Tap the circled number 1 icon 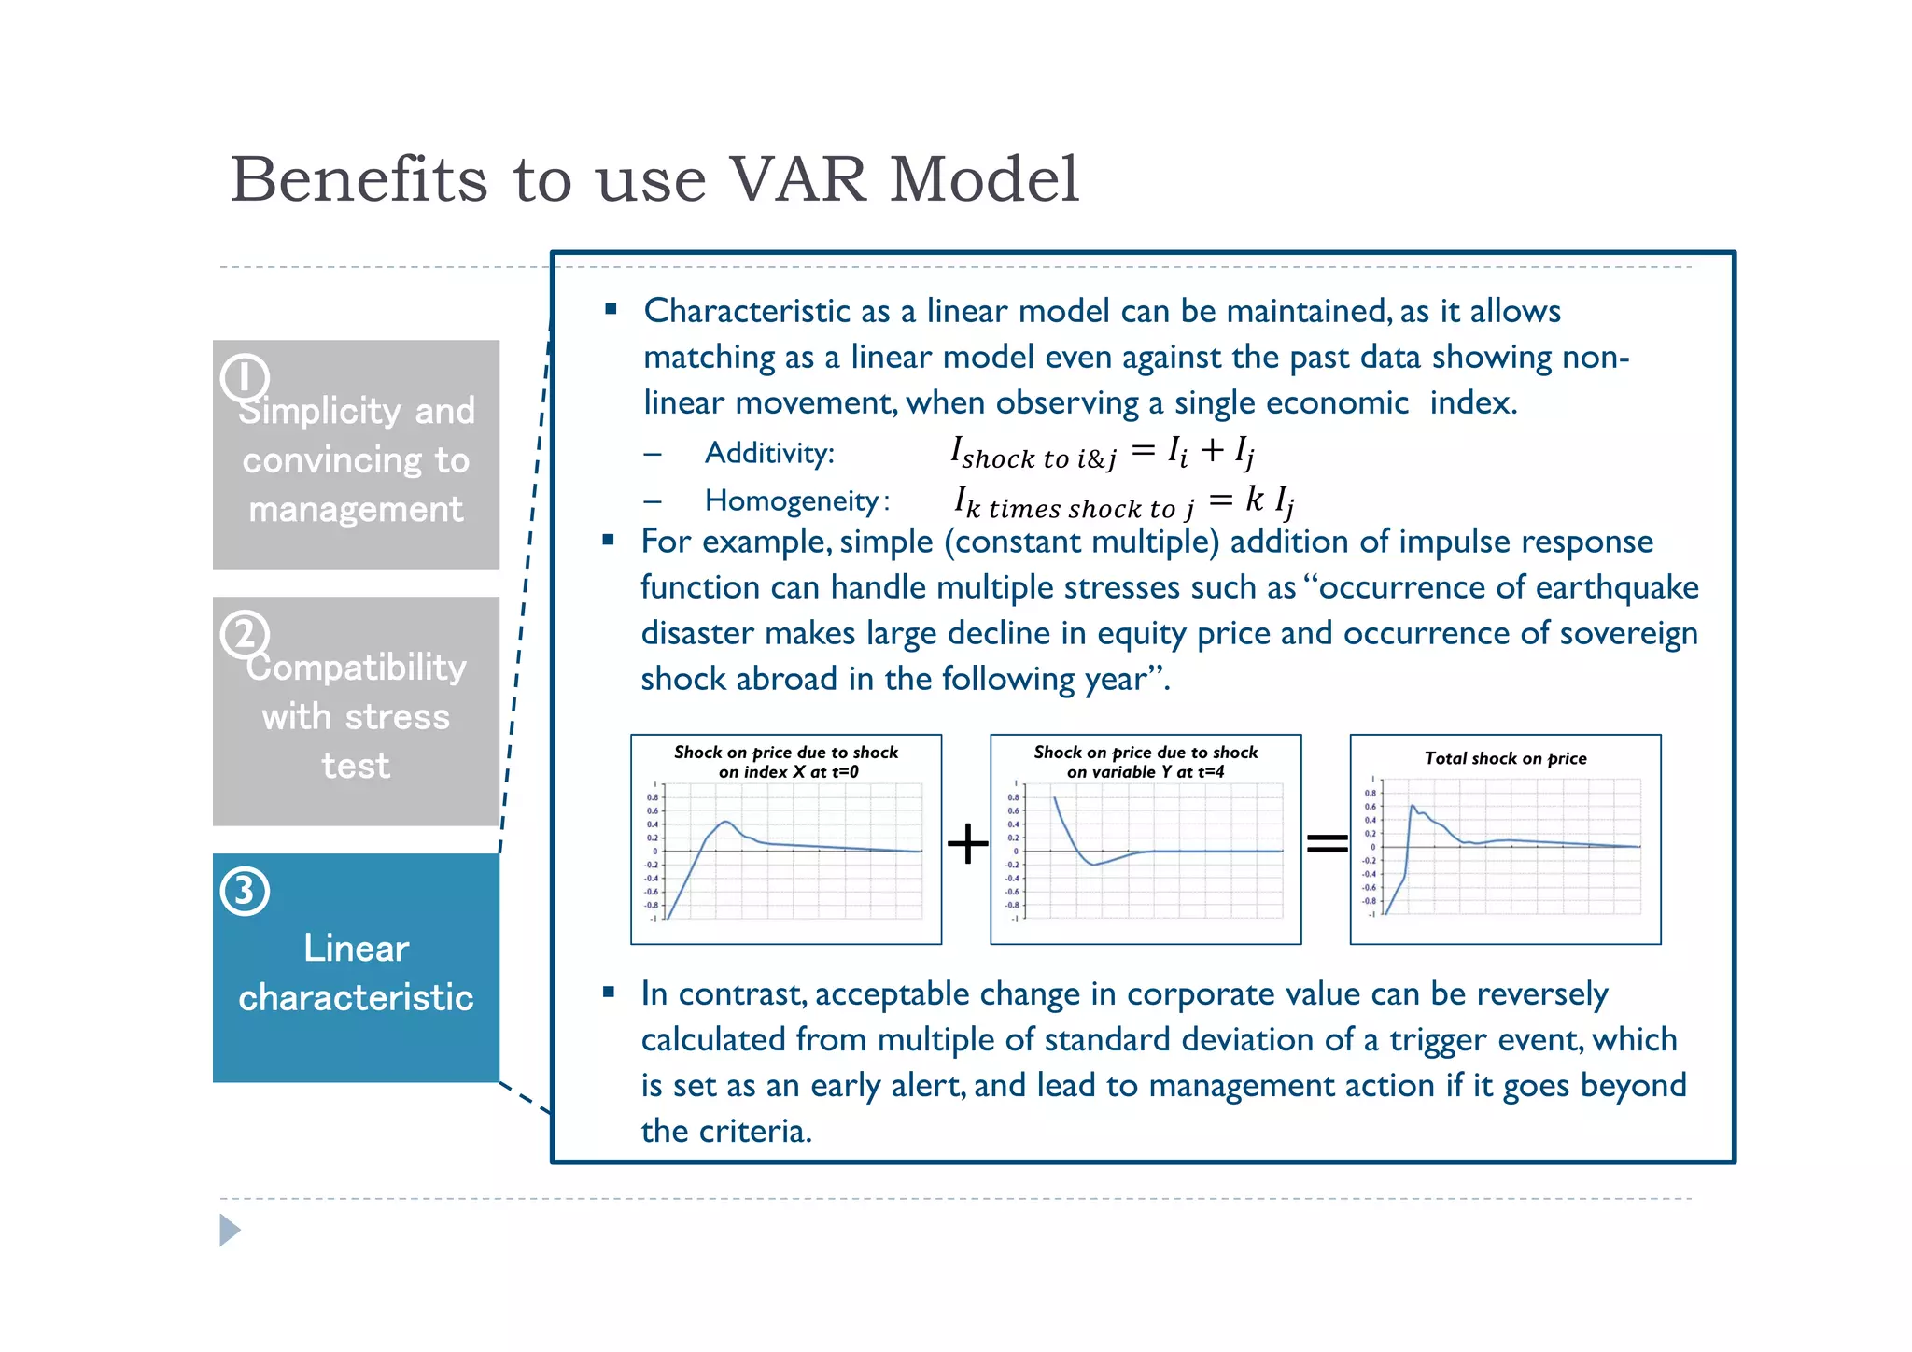tap(245, 378)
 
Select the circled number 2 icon tap(245, 635)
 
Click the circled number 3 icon tap(245, 891)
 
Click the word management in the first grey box tap(356, 510)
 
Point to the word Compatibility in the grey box tap(356, 668)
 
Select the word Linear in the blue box tap(356, 949)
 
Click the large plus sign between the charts tap(967, 844)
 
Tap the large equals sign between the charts tap(1327, 844)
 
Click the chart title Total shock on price tap(1505, 758)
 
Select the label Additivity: tap(769, 454)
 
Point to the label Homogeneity tap(792, 501)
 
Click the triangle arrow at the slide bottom tap(230, 1230)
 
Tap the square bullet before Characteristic tap(611, 309)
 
